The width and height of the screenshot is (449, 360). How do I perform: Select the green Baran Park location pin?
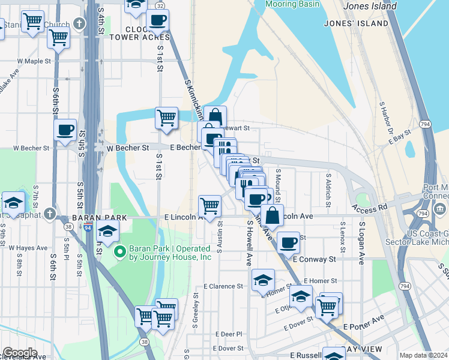(x=119, y=251)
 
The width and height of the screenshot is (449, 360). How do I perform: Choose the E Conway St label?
(x=323, y=259)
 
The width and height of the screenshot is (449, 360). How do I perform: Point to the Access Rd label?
(x=369, y=209)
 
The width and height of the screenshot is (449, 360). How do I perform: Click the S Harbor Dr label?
(x=385, y=118)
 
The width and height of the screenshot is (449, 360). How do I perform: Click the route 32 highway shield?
(x=160, y=5)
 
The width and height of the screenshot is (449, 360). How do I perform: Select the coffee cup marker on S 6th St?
(x=65, y=130)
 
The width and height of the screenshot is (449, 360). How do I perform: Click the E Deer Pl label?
(x=230, y=334)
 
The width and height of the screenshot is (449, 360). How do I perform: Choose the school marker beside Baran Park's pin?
(x=107, y=231)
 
